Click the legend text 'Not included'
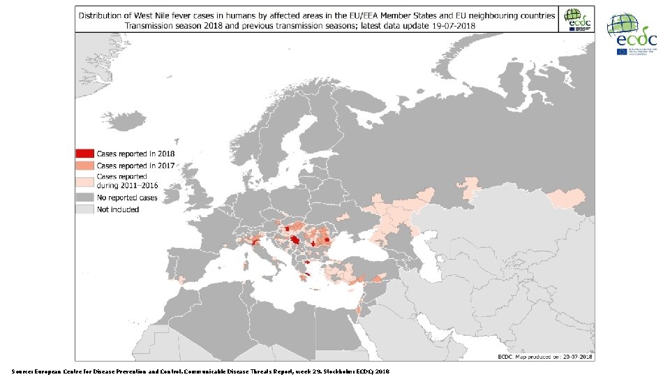[x=118, y=209]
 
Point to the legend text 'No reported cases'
[x=127, y=198]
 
